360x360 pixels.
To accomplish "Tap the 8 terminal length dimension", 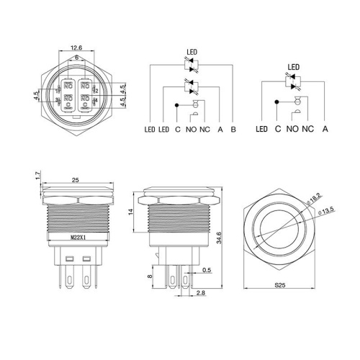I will [149, 276].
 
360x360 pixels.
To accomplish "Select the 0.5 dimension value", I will [206, 271].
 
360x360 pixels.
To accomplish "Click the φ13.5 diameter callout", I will [328, 210].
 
